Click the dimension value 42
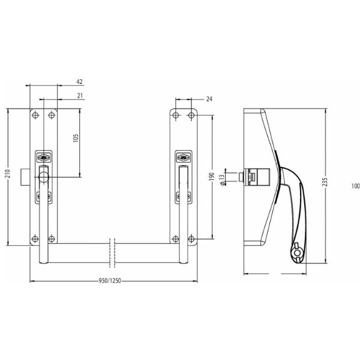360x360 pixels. click(79, 82)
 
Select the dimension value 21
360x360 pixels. click(80, 95)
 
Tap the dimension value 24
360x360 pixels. click(209, 99)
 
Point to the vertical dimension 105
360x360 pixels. click(76, 138)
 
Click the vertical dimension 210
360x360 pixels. click(8, 173)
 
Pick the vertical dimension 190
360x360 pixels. click(211, 177)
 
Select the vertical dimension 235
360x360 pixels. click(325, 182)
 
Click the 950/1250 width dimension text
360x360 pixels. click(110, 281)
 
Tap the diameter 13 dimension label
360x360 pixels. click(222, 180)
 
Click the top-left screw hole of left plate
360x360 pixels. click(35, 115)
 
